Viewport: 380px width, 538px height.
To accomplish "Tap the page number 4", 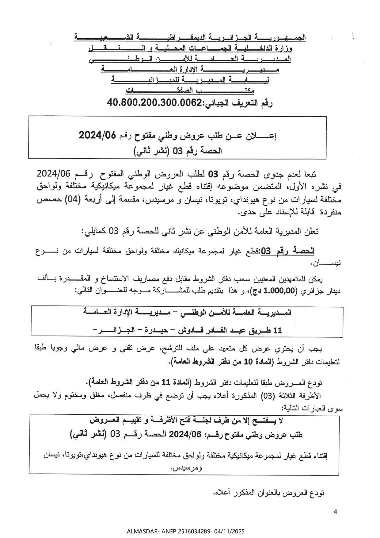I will (335, 512).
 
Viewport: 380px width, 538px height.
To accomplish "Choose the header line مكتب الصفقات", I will (190, 91).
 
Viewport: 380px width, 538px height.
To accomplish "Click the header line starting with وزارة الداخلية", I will (190, 48).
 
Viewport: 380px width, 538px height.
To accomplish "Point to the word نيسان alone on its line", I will (326, 263).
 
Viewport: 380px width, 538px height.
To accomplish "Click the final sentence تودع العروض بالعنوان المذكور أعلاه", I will (268, 493).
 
